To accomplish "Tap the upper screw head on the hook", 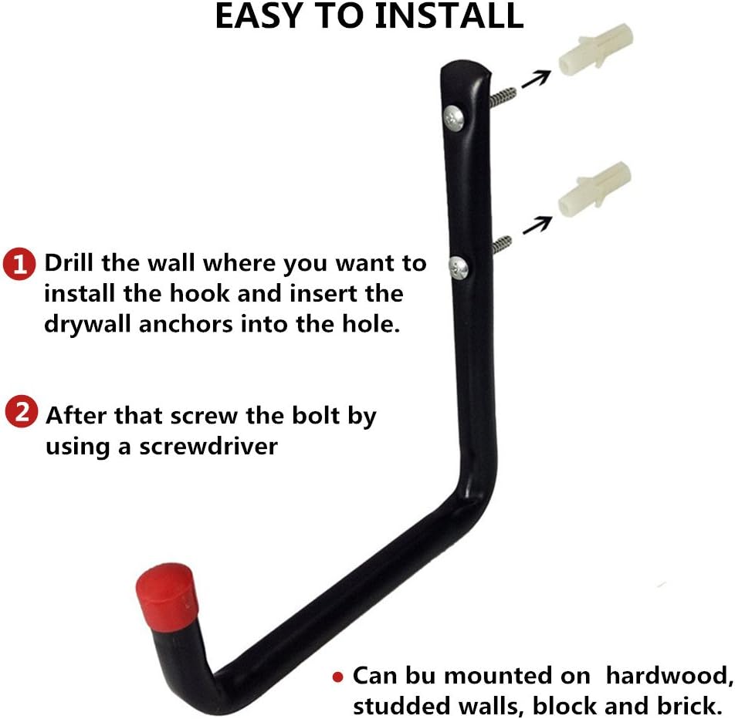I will (452, 117).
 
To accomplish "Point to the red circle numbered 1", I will (19, 265).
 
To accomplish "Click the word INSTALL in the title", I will (449, 17).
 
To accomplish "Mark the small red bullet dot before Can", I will (337, 677).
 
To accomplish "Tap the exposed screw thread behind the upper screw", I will (503, 96).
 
